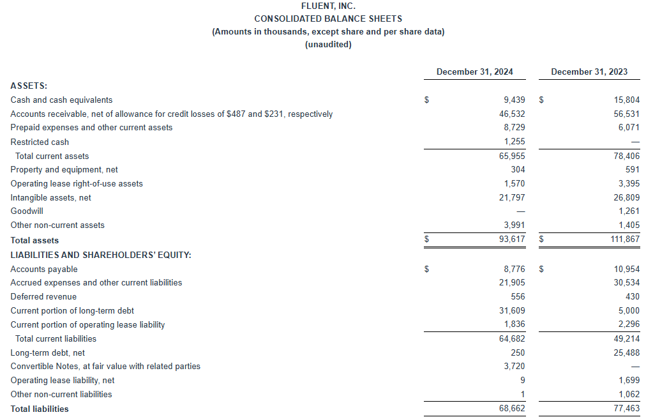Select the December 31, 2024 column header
click(474, 72)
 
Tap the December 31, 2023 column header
click(589, 72)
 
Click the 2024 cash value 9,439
click(514, 100)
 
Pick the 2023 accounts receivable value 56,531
click(627, 114)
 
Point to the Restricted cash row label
click(40, 142)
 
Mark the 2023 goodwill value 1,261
click(629, 211)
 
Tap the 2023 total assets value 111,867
click(624, 240)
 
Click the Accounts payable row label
click(44, 269)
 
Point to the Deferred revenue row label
click(43, 296)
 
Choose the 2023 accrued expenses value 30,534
click(627, 282)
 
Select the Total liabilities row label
click(40, 409)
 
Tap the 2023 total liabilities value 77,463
click(627, 409)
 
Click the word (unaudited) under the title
click(328, 45)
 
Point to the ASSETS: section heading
click(29, 85)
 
